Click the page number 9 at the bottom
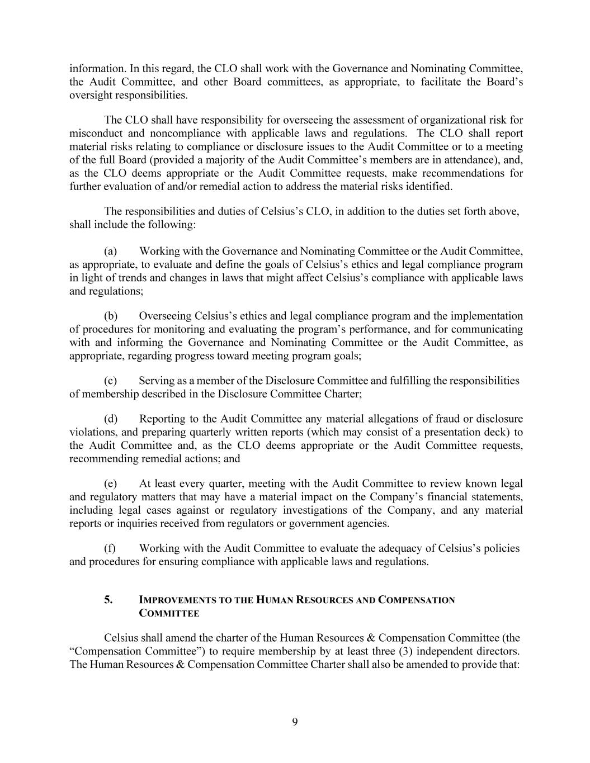pos(295,722)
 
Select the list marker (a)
pos(110,252)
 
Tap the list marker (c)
pos(110,381)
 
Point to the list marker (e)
pos(110,484)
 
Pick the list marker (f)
pos(110,548)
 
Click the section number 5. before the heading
pos(108,600)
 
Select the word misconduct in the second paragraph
pos(94,134)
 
